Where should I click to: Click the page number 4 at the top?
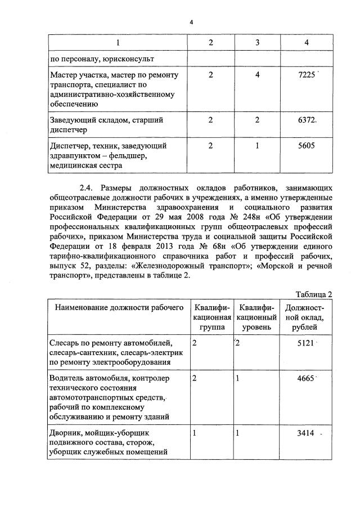point(191,22)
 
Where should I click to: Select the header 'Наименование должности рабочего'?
point(119,307)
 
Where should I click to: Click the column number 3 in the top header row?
point(257,42)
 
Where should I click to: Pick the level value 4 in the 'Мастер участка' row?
point(257,75)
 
